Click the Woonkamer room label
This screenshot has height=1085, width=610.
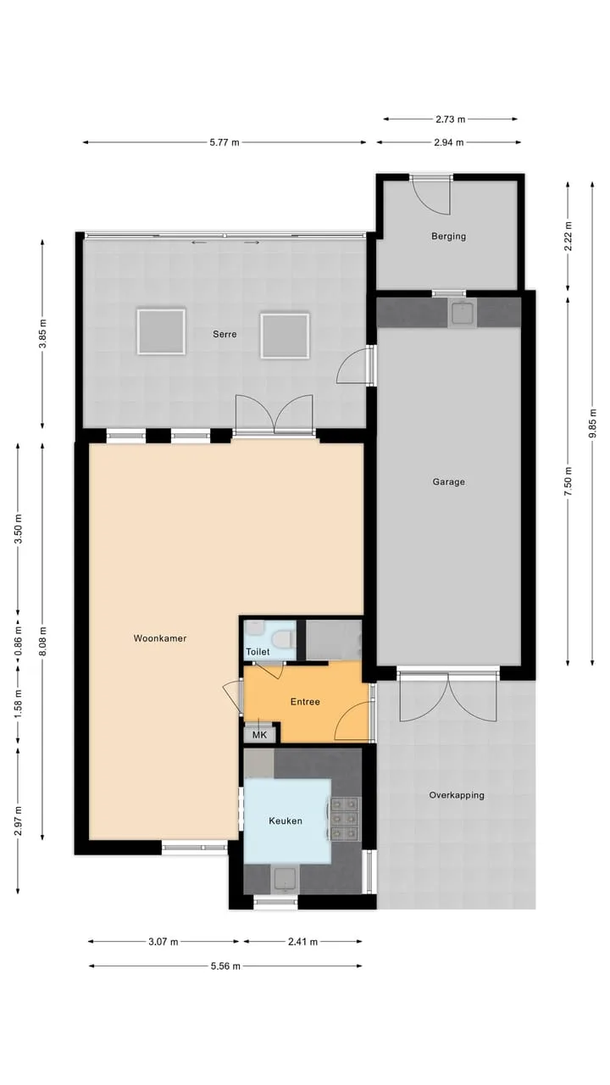(x=160, y=638)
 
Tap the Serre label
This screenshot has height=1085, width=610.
(x=225, y=334)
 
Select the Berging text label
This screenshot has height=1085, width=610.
(x=449, y=236)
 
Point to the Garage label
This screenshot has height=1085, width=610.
(x=449, y=482)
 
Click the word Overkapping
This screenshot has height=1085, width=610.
(x=457, y=795)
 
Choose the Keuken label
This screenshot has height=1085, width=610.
(x=286, y=821)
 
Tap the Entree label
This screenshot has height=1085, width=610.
(x=305, y=702)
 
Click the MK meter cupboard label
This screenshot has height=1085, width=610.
(x=259, y=735)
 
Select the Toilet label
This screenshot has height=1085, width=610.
(x=258, y=652)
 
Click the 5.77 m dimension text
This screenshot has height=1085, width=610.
(x=225, y=142)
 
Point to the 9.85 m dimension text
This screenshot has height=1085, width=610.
(x=592, y=424)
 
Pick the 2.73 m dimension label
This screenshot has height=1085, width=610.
(x=450, y=120)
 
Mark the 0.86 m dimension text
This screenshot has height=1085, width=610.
(x=19, y=640)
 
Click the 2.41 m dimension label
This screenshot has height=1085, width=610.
(x=303, y=942)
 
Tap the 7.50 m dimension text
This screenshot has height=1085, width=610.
(x=568, y=481)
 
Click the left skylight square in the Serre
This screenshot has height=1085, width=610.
(x=161, y=331)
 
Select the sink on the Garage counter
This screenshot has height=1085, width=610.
(x=463, y=313)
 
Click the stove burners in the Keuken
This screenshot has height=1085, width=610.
(x=345, y=819)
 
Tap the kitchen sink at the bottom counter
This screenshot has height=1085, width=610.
(x=285, y=880)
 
